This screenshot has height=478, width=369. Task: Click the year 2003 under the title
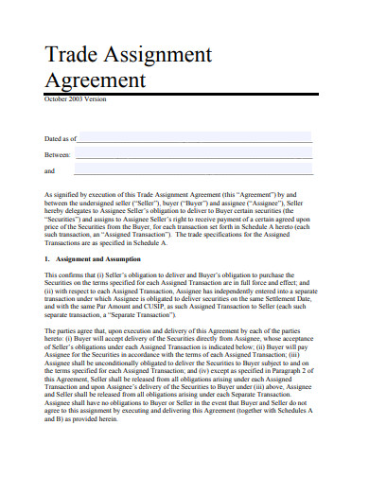point(78,98)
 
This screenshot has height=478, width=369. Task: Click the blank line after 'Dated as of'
point(195,138)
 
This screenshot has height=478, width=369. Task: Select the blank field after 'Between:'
point(193,154)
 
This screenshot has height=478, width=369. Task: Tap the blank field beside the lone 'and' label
point(193,171)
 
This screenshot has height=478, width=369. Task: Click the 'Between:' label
point(57,155)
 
